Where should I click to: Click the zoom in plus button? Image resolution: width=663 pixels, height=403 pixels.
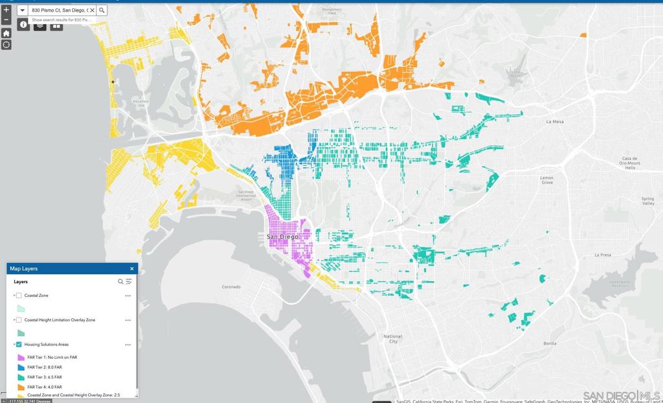click(6, 10)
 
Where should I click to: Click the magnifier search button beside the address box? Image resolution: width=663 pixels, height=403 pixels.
click(102, 10)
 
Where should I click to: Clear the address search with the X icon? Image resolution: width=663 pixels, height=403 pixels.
click(92, 10)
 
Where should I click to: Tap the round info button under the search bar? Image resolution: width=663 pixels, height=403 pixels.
click(24, 25)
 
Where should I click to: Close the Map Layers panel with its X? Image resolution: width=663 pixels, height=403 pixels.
click(132, 268)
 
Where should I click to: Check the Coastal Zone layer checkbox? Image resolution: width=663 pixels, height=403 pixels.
click(19, 295)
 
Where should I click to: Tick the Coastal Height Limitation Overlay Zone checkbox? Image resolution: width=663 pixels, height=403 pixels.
click(19, 320)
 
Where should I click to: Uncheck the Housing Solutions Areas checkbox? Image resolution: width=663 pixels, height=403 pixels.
click(19, 345)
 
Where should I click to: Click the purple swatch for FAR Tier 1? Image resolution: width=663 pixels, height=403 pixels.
click(21, 357)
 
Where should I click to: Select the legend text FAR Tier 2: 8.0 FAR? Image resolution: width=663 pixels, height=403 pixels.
click(45, 367)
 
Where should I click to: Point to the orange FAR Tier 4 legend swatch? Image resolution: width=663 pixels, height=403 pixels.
click(21, 387)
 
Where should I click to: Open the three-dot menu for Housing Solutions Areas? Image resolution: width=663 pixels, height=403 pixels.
click(128, 345)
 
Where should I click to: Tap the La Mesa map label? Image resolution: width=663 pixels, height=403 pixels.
click(555, 121)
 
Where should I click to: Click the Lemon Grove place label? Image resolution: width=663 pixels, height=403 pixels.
click(547, 180)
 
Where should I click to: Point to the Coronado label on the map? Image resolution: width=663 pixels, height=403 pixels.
click(231, 286)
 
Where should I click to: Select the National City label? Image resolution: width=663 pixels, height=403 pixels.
click(392, 339)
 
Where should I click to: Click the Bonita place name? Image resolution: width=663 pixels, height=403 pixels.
click(550, 343)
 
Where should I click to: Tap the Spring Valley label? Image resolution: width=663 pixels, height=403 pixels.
click(647, 201)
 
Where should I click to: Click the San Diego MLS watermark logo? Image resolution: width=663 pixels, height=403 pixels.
click(621, 395)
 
